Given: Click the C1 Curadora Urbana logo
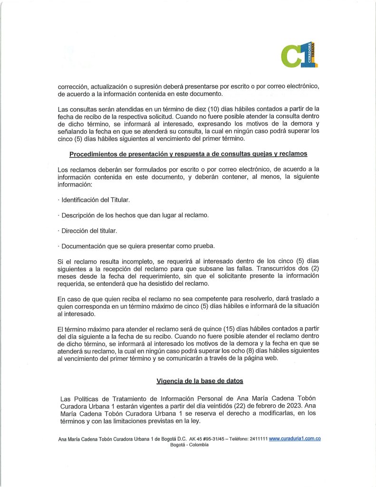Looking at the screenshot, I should click(299, 55).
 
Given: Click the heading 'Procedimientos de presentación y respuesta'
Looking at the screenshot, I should click(188, 154).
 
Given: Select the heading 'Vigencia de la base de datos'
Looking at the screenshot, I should click(200, 381).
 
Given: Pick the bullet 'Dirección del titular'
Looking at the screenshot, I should click(88, 231).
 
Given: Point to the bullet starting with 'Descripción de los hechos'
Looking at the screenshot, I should click(134, 215).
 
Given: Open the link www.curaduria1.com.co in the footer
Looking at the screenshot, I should click(295, 438).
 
